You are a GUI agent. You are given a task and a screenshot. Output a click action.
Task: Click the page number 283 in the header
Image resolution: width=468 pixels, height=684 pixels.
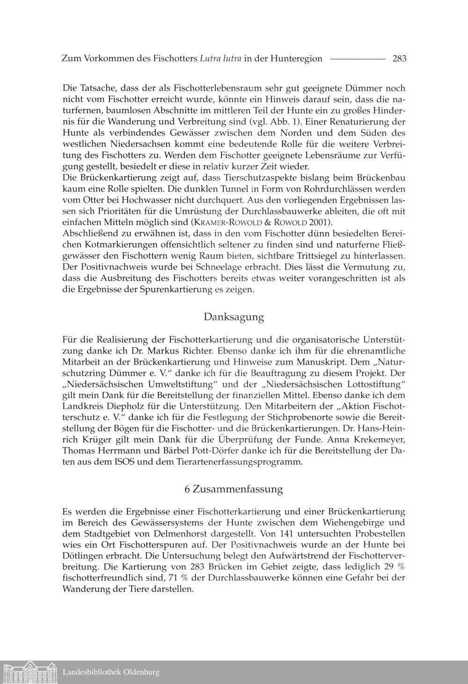click(x=399, y=58)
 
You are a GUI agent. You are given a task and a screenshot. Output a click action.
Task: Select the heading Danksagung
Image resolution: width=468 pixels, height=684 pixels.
click(x=234, y=317)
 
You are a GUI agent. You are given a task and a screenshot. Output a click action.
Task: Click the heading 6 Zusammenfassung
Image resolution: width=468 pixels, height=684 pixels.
click(x=234, y=489)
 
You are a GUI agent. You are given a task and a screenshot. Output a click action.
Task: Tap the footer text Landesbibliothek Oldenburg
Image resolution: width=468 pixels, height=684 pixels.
click(x=111, y=672)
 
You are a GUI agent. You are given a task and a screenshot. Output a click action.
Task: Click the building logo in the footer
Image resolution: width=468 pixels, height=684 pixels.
click(x=29, y=672)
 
